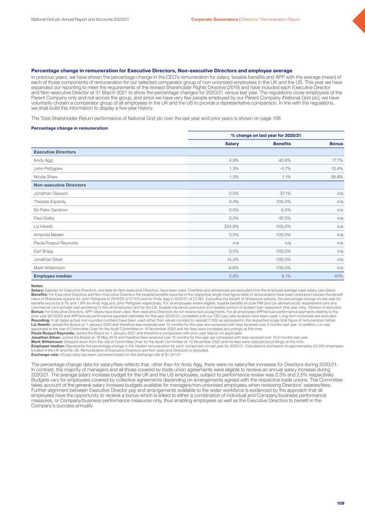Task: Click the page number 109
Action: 340,503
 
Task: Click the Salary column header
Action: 232,144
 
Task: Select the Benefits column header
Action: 282,144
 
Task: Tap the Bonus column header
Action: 336,144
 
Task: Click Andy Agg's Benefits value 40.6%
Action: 284,160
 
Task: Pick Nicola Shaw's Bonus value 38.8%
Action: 337,177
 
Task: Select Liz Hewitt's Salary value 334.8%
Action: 231,226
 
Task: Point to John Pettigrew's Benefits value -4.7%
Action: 285,169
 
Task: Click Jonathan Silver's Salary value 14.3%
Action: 233,260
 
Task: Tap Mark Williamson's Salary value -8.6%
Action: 233,268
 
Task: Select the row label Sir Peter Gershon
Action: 51,210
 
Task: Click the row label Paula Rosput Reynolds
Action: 56,243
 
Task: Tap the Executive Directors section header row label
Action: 55,152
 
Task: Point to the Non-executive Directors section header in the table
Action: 60,185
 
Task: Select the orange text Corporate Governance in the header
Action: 214,19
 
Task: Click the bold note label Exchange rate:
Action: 43,355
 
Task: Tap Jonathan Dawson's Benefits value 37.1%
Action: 284,194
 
